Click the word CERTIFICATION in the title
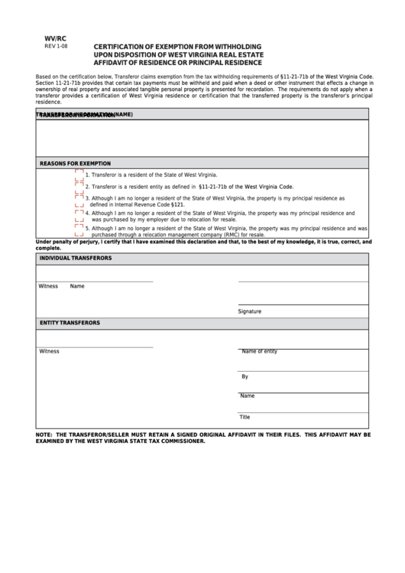click(x=124, y=46)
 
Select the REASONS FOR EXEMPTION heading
click(x=75, y=164)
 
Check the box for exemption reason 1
click(x=79, y=175)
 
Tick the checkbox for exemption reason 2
click(x=79, y=187)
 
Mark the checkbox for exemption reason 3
click(x=79, y=201)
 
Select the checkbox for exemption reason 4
click(x=79, y=216)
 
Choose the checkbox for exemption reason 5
click(x=79, y=230)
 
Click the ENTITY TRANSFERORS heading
click(x=70, y=324)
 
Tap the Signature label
click(x=249, y=311)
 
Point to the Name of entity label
click(x=259, y=352)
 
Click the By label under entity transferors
click(x=245, y=376)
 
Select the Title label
click(x=245, y=417)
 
